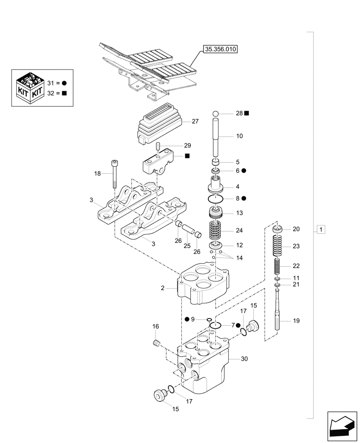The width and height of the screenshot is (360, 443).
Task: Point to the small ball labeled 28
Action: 216,114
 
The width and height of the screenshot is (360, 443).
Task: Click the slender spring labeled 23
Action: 277,246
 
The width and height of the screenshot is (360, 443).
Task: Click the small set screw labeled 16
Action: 156,342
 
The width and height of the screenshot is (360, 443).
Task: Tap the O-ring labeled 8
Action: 216,198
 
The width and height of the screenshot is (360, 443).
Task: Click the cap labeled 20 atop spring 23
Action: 278,229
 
